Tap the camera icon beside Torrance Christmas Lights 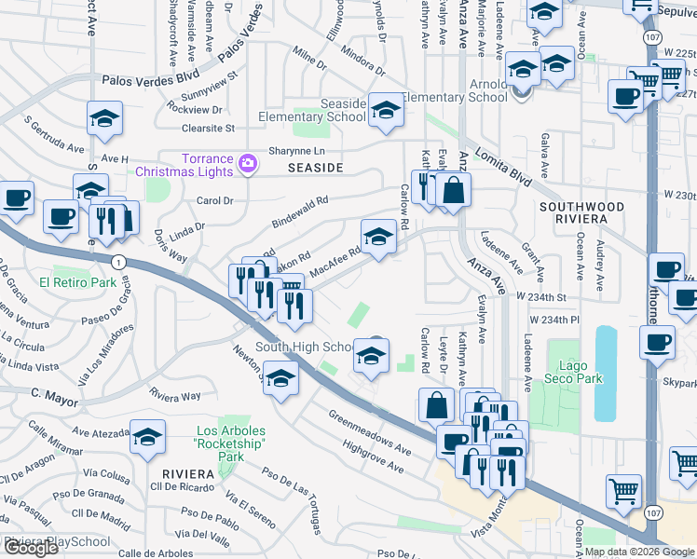click(x=247, y=164)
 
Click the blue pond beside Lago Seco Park click(x=606, y=372)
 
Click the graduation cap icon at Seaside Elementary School click(x=383, y=110)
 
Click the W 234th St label click(x=542, y=296)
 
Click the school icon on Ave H click(x=105, y=118)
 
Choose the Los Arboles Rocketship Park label click(x=230, y=443)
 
